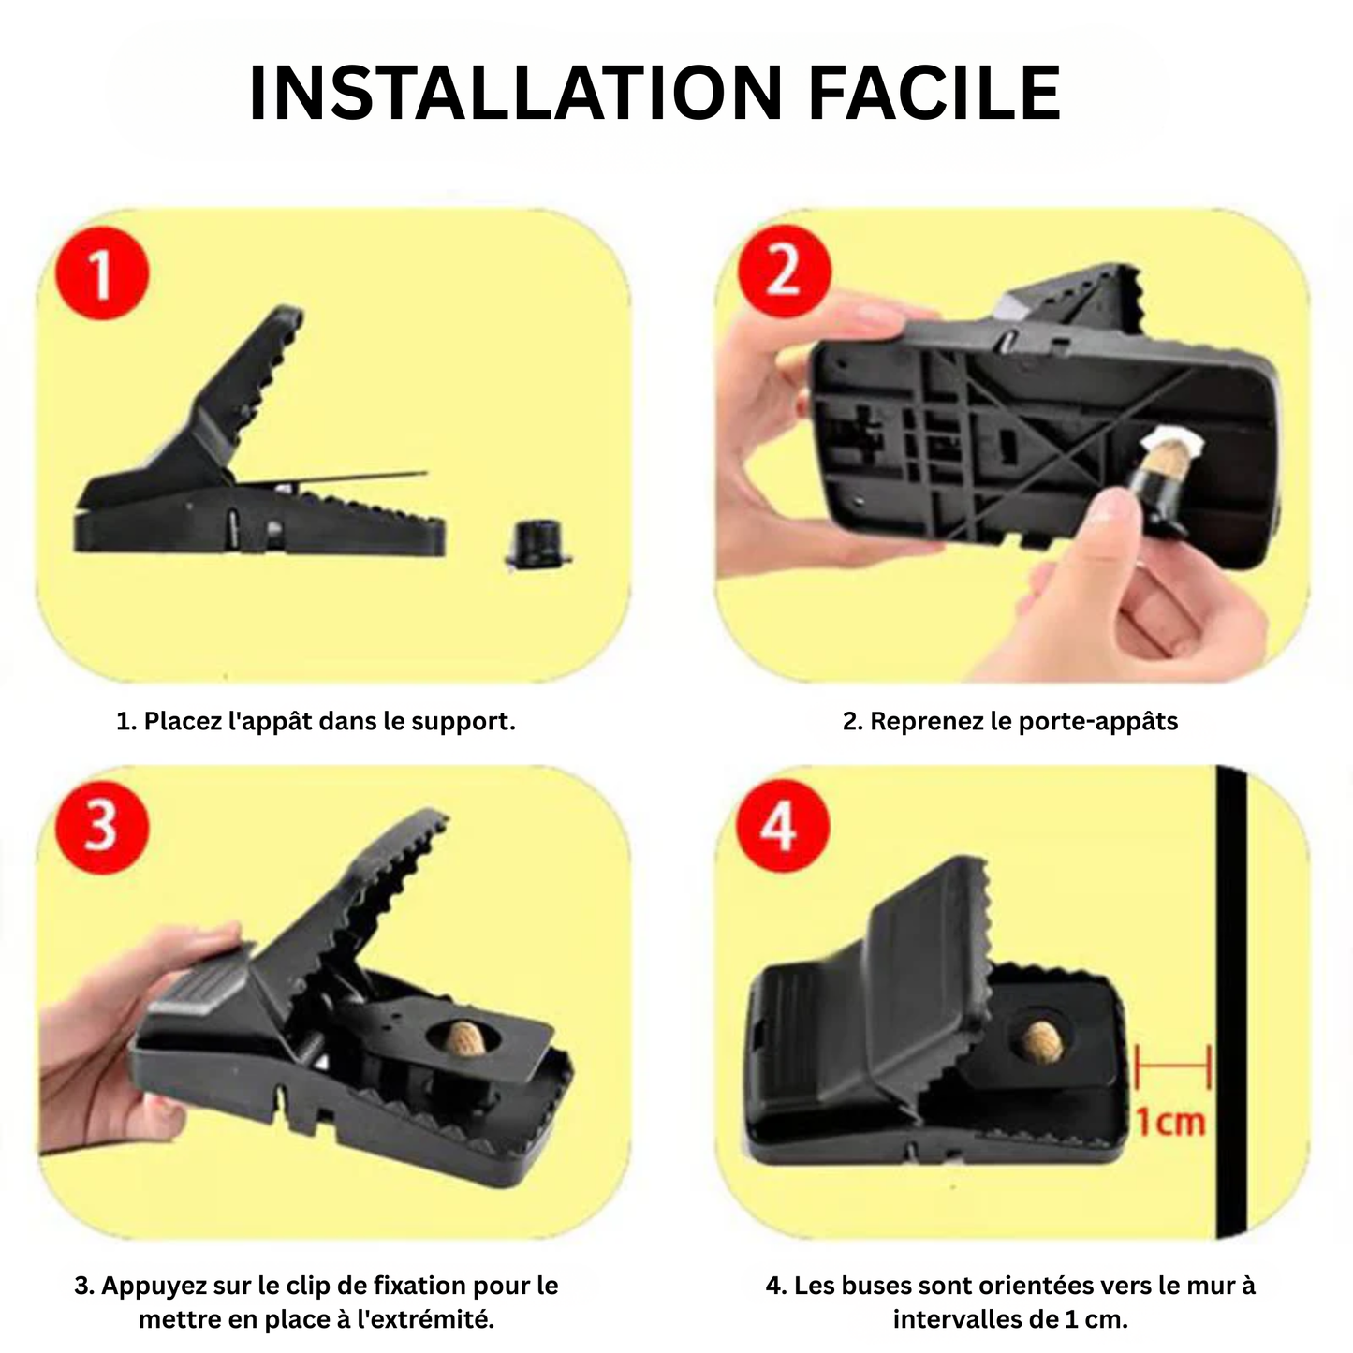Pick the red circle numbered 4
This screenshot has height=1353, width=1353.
780,826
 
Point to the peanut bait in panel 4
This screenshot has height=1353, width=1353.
1038,1040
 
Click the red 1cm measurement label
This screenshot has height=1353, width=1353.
1169,1122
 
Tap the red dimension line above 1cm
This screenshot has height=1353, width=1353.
1172,1065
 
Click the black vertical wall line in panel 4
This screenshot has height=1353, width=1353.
1230,1002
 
